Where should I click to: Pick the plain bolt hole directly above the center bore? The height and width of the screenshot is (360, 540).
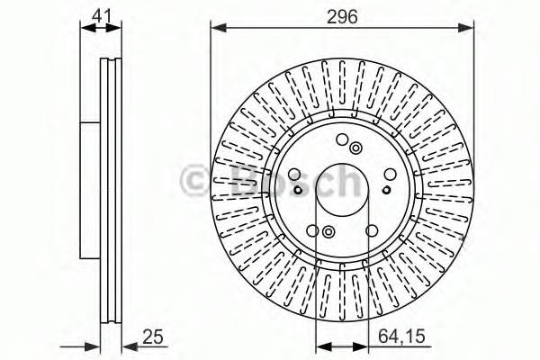pos(342,139)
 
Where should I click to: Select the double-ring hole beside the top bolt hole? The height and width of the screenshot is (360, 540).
pos(356,148)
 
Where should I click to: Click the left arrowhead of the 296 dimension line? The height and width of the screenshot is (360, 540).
pos(216,28)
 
